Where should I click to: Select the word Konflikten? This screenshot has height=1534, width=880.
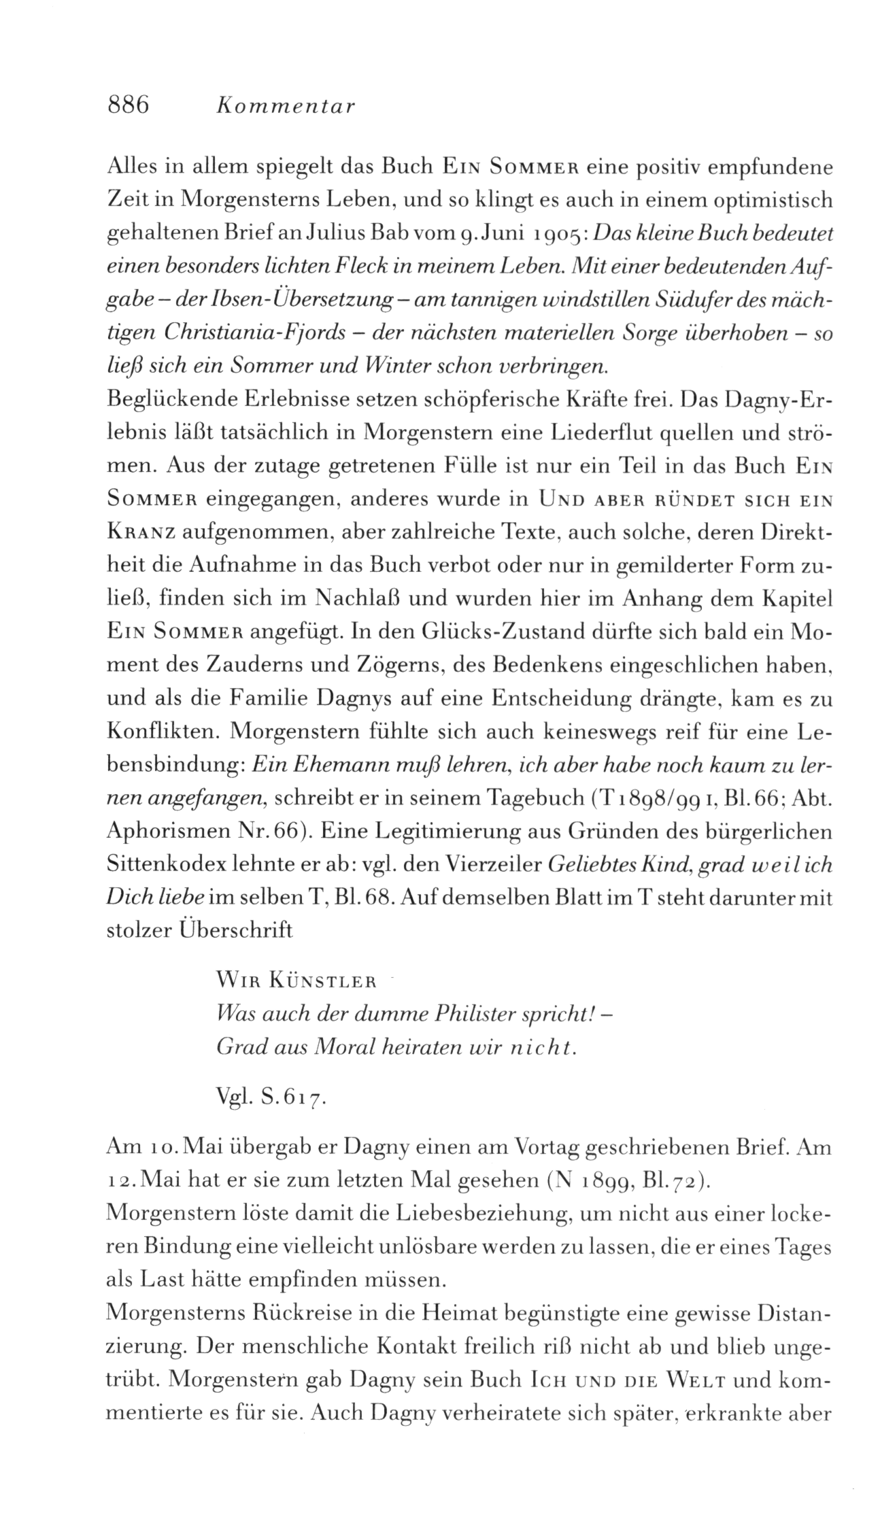[161, 732]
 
